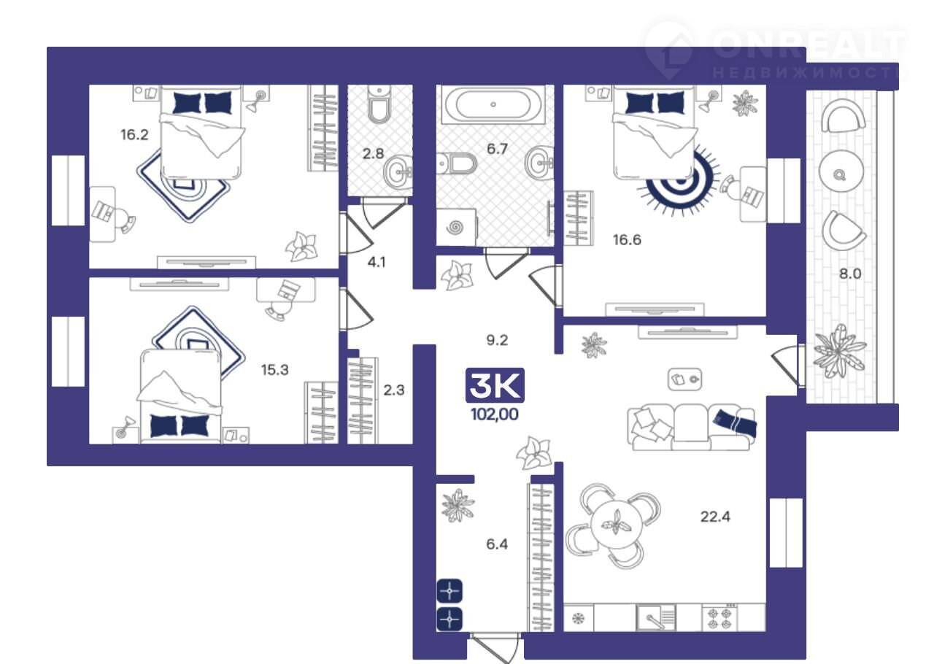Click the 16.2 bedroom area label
(x=134, y=135)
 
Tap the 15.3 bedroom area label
(x=275, y=370)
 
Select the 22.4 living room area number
(x=715, y=517)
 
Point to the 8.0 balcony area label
(x=850, y=274)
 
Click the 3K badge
(x=495, y=385)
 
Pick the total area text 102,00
(x=495, y=414)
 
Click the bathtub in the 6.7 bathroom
(x=493, y=104)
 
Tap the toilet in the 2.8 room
(x=379, y=104)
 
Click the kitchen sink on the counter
(x=655, y=618)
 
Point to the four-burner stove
(x=720, y=618)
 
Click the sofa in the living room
(x=692, y=427)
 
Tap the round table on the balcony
(x=841, y=171)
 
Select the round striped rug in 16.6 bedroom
(x=679, y=179)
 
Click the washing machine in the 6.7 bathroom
(x=456, y=228)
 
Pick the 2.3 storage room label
(x=393, y=390)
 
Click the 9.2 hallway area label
(x=497, y=340)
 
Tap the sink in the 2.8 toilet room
(x=398, y=171)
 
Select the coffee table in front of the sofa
(x=684, y=379)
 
